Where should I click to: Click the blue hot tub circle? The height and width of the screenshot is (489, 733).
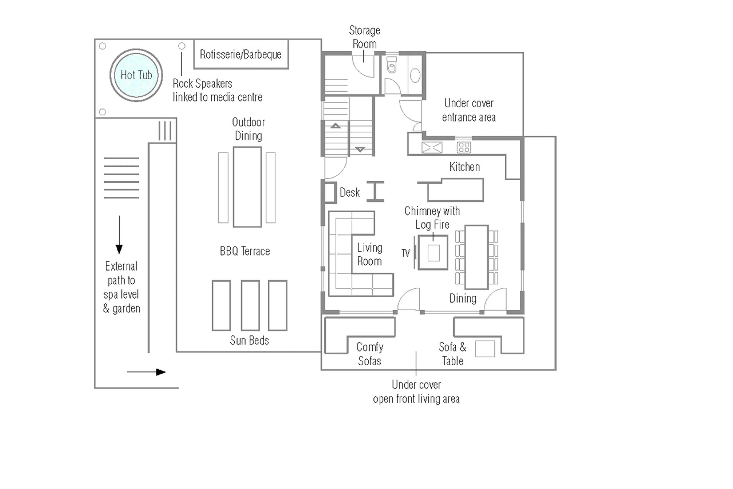coord(136,75)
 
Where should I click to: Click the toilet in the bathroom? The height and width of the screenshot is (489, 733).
coord(392,66)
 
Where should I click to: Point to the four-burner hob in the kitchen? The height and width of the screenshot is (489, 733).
coord(463,148)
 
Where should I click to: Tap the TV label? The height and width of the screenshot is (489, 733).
coord(405,253)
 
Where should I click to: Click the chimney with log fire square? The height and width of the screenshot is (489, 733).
coord(433,253)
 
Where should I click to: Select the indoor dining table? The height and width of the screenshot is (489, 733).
coord(476,257)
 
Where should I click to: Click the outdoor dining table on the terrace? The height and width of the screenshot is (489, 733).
coord(247,187)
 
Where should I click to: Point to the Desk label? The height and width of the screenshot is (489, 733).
coord(350,192)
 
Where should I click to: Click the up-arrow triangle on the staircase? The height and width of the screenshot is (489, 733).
coord(336,126)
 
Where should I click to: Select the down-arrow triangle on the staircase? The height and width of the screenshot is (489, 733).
coord(360,149)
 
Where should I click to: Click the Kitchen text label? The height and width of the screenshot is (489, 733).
coord(464,167)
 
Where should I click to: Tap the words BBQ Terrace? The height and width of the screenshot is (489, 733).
coord(245,251)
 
